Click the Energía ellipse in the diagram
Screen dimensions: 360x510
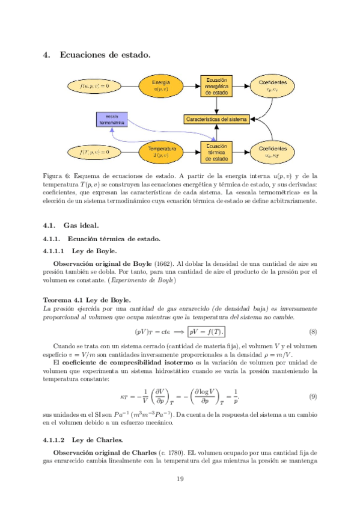pyautogui.click(x=160, y=86)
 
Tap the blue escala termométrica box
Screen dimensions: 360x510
pyautogui.click(x=111, y=119)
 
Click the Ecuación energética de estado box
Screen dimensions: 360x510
pyautogui.click(x=216, y=86)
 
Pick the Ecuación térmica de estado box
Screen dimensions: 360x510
pyautogui.click(x=216, y=153)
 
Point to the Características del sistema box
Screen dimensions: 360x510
pyautogui.click(x=216, y=119)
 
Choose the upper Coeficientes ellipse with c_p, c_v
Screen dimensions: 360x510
pyautogui.click(x=272, y=86)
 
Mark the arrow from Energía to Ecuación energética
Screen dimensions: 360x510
pyautogui.click(x=191, y=86)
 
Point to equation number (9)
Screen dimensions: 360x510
pyautogui.click(x=313, y=397)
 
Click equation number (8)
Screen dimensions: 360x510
pyautogui.click(x=313, y=331)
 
